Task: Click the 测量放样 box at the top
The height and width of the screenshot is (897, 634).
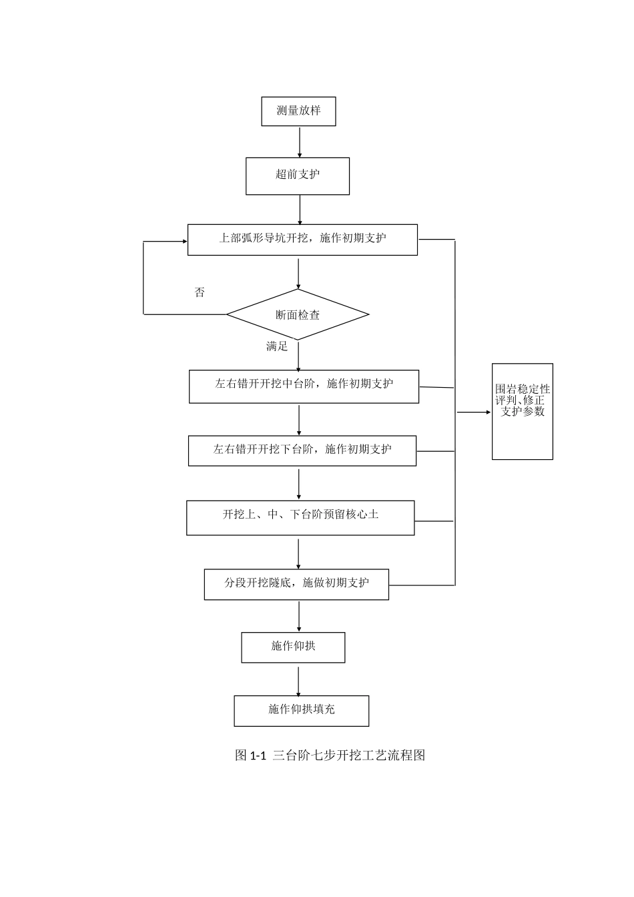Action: pyautogui.click(x=298, y=111)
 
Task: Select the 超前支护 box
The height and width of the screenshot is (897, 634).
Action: pyautogui.click(x=298, y=176)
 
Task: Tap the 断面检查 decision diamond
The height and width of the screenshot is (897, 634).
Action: pyautogui.click(x=298, y=314)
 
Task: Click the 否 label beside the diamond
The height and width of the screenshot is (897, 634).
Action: pyautogui.click(x=200, y=292)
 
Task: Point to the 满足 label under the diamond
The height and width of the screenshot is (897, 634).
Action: pyautogui.click(x=277, y=346)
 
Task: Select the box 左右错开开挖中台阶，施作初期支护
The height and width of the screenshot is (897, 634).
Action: pyautogui.click(x=304, y=386)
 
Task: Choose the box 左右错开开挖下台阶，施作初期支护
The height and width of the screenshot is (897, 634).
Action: pyautogui.click(x=302, y=451)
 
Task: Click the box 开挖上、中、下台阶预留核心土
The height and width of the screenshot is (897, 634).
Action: pyautogui.click(x=300, y=517)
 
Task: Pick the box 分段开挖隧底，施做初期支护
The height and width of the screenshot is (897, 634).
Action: pyautogui.click(x=296, y=584)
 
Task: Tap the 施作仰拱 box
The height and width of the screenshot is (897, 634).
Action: pyautogui.click(x=293, y=647)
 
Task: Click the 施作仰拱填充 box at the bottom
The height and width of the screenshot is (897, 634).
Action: pyautogui.click(x=301, y=711)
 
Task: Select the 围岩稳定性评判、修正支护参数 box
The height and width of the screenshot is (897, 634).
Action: pyautogui.click(x=523, y=411)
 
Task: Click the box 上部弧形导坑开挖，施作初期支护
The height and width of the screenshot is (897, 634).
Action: pyautogui.click(x=302, y=240)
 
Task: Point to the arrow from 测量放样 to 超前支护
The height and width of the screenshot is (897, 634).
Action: pyautogui.click(x=300, y=141)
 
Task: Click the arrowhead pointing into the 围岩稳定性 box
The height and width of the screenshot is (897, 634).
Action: pyautogui.click(x=488, y=412)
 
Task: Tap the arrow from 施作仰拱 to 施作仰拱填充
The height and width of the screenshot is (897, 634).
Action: pyautogui.click(x=298, y=679)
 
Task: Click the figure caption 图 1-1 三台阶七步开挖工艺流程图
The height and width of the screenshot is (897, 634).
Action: pyautogui.click(x=330, y=756)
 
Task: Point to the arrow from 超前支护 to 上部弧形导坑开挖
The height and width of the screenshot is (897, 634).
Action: pyautogui.click(x=300, y=210)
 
